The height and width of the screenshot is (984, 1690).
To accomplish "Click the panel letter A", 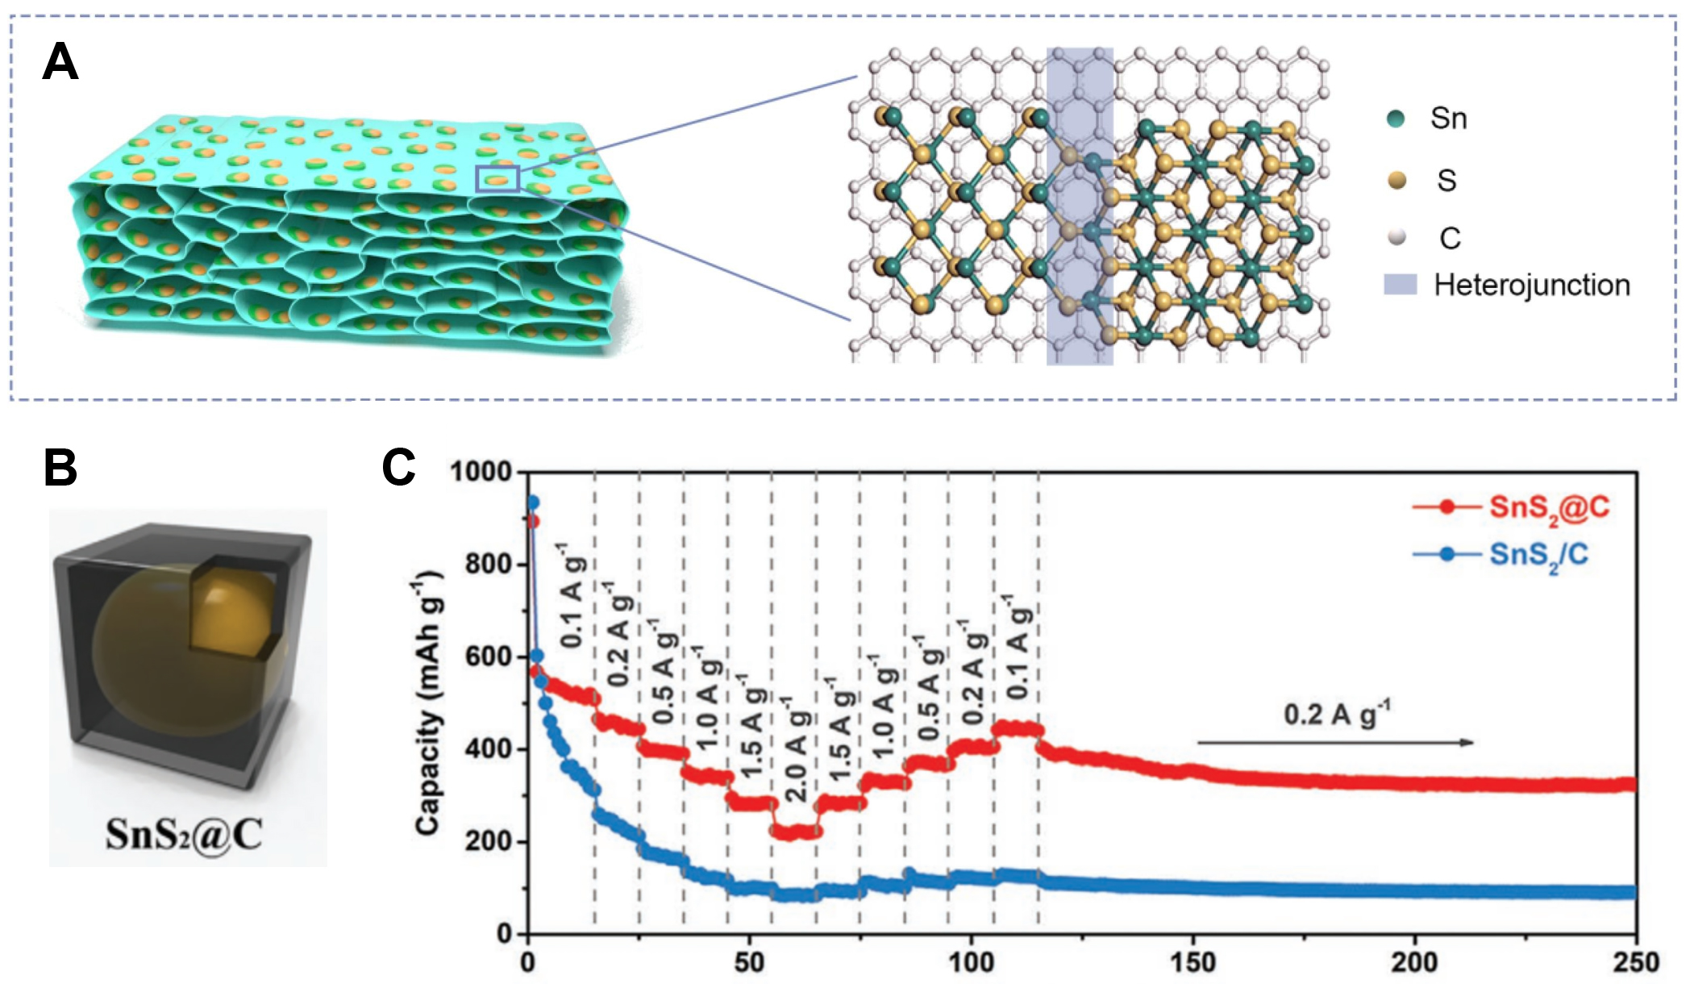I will point(60,62).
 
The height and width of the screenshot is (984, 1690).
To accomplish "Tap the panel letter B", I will point(60,468).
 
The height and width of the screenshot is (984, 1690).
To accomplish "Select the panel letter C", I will point(398,467).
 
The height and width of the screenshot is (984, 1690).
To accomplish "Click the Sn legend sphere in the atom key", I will point(1396,119).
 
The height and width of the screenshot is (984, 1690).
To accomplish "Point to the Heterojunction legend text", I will point(1531,285).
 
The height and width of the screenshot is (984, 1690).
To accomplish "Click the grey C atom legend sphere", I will point(1397,237).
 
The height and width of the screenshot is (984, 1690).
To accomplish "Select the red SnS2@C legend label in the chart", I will point(1549,507).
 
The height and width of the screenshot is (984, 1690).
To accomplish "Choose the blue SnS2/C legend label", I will point(1538,555).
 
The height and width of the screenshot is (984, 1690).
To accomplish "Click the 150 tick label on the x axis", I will point(1193,962).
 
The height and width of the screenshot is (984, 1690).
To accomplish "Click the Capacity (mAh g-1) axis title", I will point(428,702).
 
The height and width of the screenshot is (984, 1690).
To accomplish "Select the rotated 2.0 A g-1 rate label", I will point(795,750).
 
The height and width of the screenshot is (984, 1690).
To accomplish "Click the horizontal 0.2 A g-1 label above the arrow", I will point(1337,714).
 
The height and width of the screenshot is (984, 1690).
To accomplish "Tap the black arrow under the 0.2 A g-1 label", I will point(1334,742).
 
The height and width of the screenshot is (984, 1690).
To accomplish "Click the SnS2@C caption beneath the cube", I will point(184,835).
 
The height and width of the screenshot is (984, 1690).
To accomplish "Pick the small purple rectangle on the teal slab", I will point(497,178).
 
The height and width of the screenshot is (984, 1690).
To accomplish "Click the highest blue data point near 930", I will point(532,502).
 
